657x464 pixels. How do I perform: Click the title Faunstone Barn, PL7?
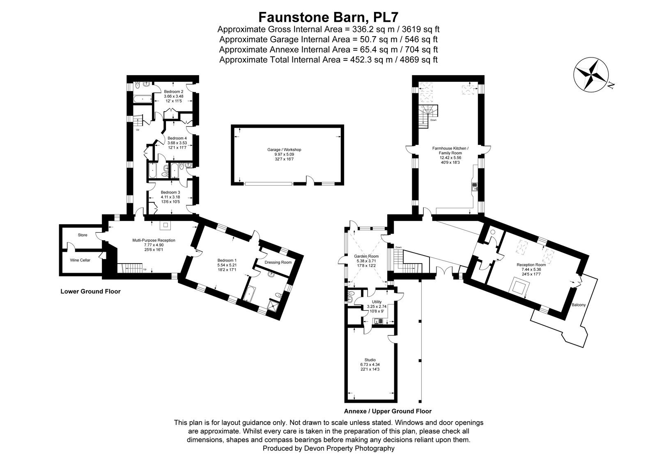[x=328, y=17]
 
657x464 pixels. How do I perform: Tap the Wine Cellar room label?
[x=80, y=260]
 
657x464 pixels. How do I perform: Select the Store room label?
[x=83, y=235]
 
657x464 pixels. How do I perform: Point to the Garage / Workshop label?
[x=284, y=149]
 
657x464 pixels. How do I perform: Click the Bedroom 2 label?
[x=174, y=92]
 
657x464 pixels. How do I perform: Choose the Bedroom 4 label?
[x=177, y=138]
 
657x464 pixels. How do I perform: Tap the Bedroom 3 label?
[x=170, y=193]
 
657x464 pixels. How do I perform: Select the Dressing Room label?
[x=278, y=262]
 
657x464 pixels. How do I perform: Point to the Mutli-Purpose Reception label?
[x=154, y=240]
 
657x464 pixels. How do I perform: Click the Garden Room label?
[x=366, y=256]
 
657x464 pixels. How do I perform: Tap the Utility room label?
[x=377, y=302]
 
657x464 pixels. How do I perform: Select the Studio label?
[x=370, y=360]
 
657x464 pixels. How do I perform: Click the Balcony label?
[x=579, y=305]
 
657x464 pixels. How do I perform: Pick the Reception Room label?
[x=531, y=265]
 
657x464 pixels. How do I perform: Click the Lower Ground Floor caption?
[x=90, y=292]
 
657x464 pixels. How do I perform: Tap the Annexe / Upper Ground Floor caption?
[x=388, y=411]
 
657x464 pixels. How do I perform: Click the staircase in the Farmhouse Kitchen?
[x=427, y=116]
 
